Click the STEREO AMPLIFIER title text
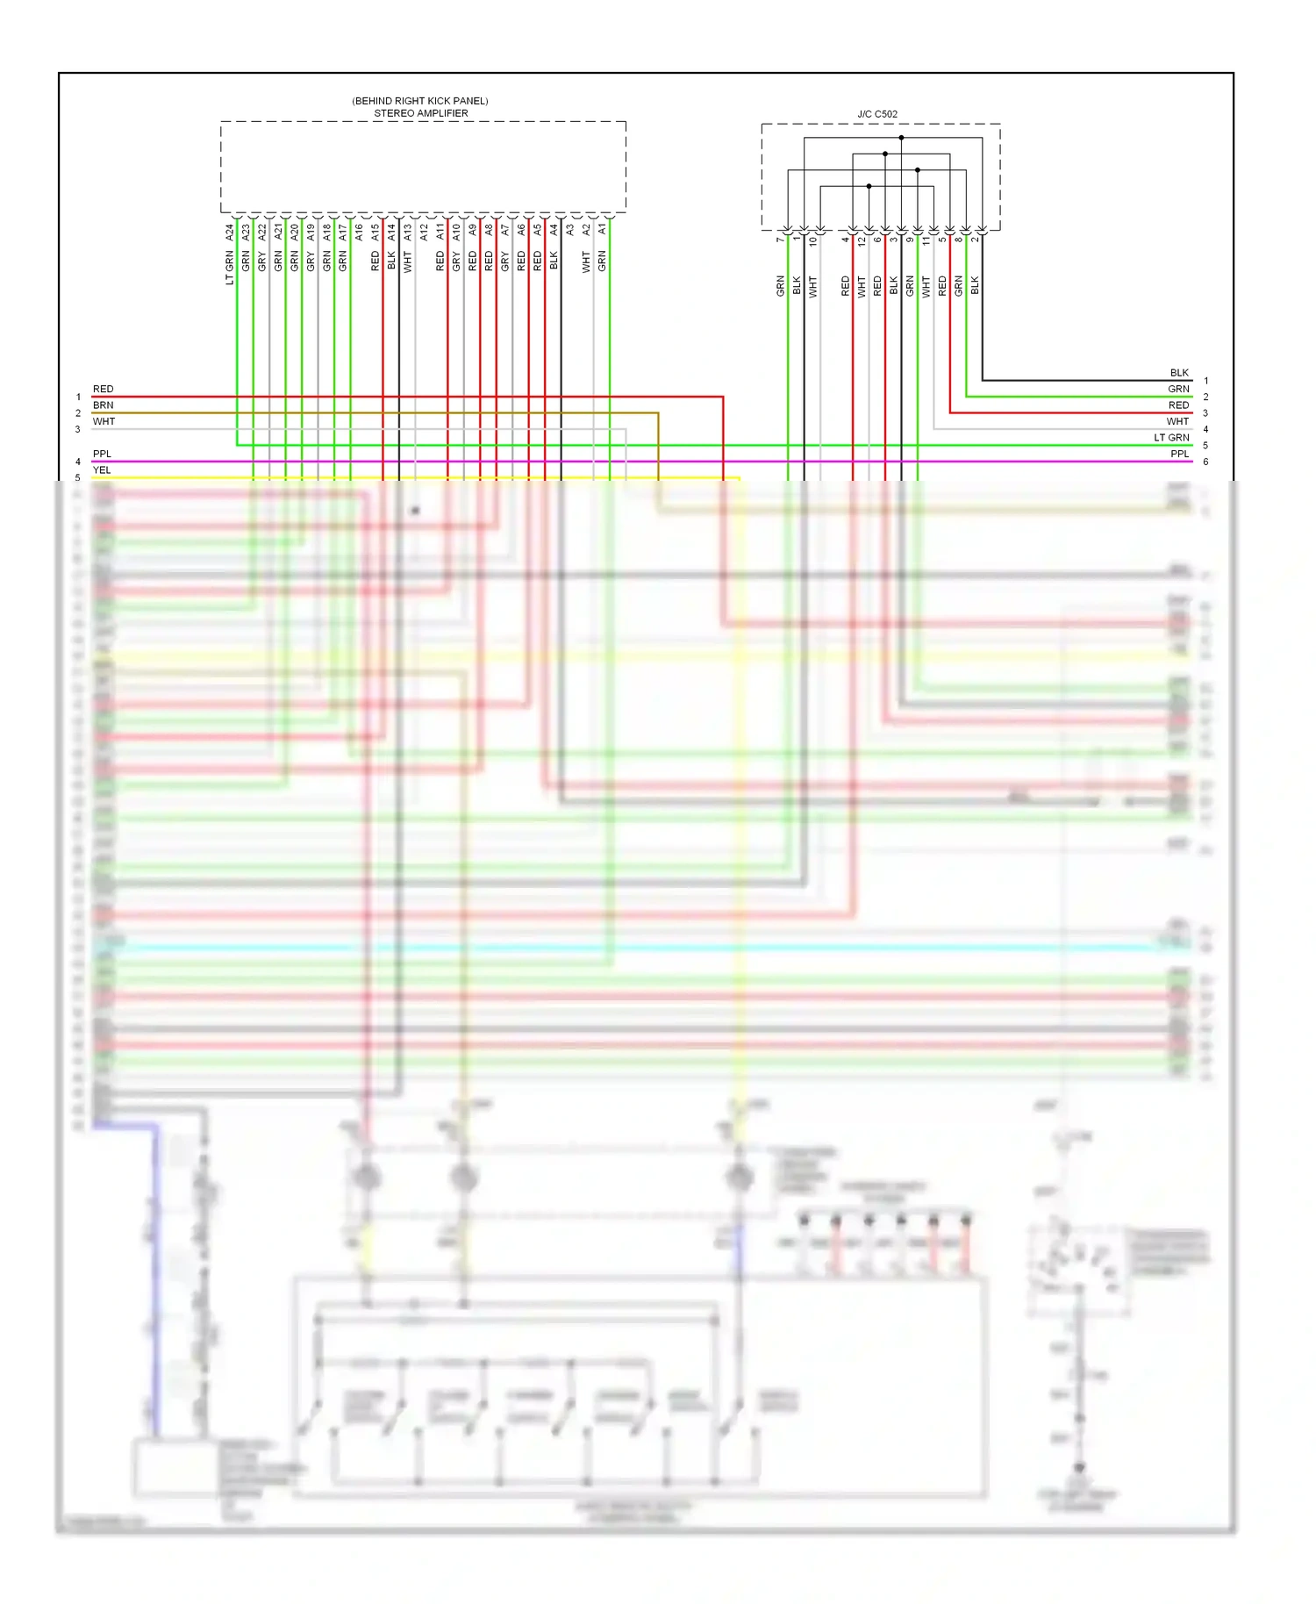coord(420,113)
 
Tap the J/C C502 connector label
coord(877,114)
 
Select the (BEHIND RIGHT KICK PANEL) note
coord(420,101)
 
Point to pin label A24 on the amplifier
coord(230,233)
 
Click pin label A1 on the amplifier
coord(603,228)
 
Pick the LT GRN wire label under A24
coord(230,268)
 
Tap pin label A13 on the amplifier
coord(408,233)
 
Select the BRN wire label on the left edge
coord(104,405)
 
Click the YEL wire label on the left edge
coord(103,470)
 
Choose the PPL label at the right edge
coord(1180,454)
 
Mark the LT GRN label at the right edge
coord(1171,438)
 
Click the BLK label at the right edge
coord(1179,373)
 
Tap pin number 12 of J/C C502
coord(862,240)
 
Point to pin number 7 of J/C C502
coord(780,240)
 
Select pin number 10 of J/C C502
coord(813,240)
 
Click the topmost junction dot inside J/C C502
coord(901,138)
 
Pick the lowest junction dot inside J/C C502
coord(869,186)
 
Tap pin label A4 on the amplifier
coord(554,229)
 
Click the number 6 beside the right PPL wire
coord(1205,462)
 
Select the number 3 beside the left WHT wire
coord(78,429)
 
